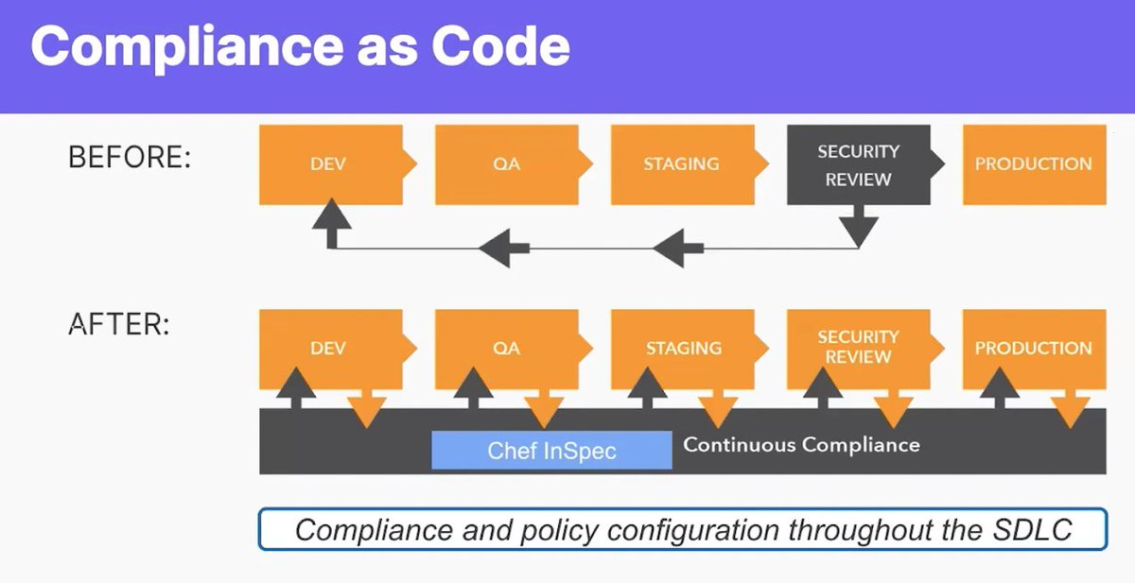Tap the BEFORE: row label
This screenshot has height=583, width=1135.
pos(130,158)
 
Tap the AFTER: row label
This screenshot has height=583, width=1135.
pos(119,325)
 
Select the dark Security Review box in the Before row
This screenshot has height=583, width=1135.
pos(858,165)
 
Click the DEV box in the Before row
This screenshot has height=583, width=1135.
pos(328,164)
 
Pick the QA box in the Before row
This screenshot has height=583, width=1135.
pos(506,164)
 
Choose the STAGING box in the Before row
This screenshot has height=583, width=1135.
pos(681,164)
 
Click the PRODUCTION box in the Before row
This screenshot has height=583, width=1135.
pos(1033,164)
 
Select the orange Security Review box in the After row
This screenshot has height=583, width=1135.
pos(858,348)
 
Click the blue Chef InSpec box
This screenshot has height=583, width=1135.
pos(551,451)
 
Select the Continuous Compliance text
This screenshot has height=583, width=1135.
pos(801,444)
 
